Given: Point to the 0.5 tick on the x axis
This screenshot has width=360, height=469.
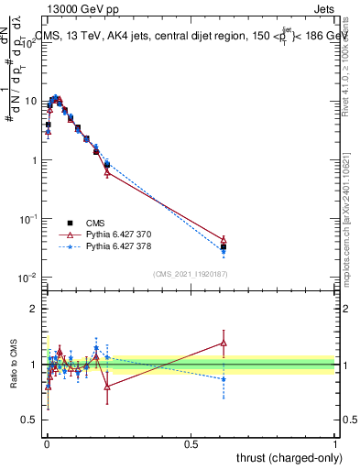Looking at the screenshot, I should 191,443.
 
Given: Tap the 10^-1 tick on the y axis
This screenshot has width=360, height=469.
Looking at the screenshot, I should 30,219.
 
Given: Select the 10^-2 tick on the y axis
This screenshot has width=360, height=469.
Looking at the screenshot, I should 30,278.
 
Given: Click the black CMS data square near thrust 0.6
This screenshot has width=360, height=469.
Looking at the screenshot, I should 224,247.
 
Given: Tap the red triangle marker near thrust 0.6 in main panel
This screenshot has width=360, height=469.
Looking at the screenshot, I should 224,239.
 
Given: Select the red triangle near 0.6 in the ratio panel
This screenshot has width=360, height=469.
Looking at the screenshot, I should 224,344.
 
